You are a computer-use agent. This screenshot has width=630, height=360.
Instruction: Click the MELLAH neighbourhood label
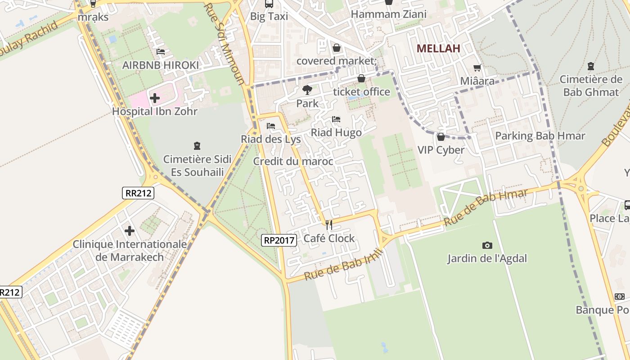click(x=438, y=49)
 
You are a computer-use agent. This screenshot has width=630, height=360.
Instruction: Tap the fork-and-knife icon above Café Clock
click(x=329, y=225)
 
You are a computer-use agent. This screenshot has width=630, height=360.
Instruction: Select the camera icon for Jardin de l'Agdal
click(x=487, y=245)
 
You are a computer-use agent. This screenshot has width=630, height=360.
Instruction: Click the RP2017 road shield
click(x=279, y=240)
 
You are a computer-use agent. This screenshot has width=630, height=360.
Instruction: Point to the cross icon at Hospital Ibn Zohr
click(x=155, y=98)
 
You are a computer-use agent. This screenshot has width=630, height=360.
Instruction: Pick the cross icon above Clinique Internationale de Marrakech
click(x=130, y=231)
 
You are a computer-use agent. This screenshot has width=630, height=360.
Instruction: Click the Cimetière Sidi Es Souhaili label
click(x=197, y=165)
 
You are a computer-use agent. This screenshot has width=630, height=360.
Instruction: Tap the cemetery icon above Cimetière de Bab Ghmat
click(x=591, y=66)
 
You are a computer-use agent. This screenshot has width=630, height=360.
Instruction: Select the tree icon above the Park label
click(x=307, y=90)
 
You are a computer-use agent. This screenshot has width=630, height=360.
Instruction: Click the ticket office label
click(x=361, y=92)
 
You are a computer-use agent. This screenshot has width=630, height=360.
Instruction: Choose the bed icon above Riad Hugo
click(x=336, y=119)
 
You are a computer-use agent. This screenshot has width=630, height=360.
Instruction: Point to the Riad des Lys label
click(x=271, y=139)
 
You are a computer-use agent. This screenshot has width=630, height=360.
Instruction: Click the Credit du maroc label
click(x=293, y=161)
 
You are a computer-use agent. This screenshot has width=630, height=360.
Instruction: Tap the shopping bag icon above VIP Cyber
click(x=441, y=136)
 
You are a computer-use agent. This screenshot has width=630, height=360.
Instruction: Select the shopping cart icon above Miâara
click(x=477, y=68)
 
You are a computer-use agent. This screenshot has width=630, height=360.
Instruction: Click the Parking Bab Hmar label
click(x=540, y=135)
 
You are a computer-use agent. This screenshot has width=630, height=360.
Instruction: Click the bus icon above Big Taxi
click(x=269, y=4)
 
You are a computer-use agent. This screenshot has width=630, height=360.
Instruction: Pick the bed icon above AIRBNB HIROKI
click(x=161, y=52)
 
